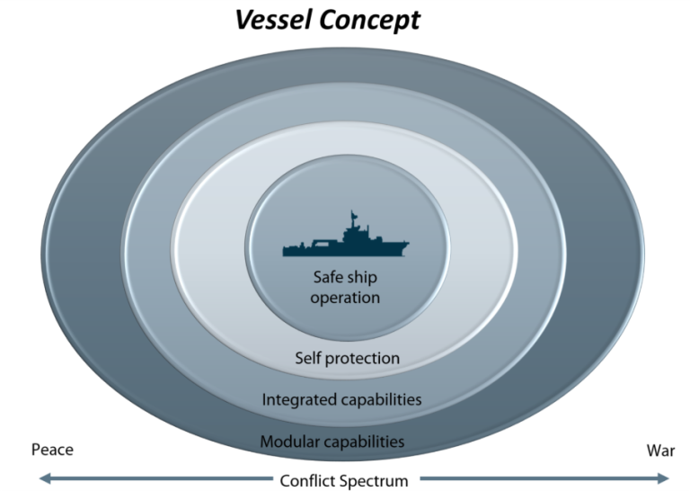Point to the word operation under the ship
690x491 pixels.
(345, 298)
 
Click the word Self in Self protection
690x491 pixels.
(308, 358)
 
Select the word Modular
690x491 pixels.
(289, 442)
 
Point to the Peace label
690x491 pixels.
(52, 450)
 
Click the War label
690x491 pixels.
(660, 450)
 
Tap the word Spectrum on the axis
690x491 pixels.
(377, 480)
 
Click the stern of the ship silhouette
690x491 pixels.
(287, 251)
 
